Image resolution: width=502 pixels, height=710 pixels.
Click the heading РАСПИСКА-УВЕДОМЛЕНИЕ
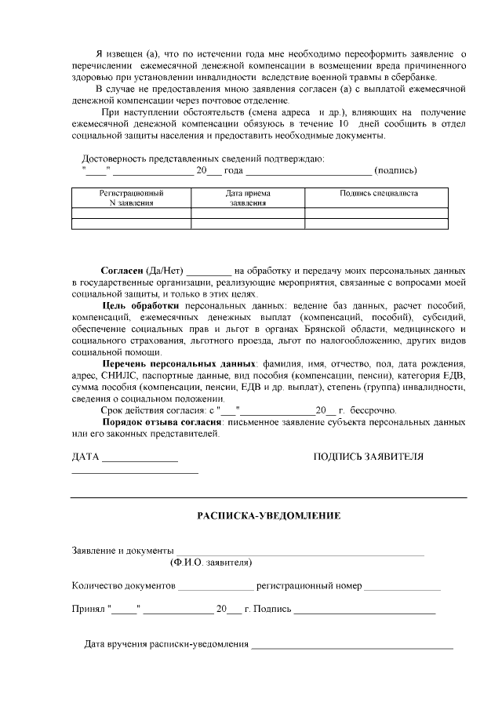(268, 516)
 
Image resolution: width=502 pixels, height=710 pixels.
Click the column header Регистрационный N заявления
(131, 197)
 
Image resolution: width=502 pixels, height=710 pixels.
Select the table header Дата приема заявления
(248, 197)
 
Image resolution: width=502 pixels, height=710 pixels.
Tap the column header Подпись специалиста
(378, 193)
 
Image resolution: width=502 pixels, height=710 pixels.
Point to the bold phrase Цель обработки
(140, 304)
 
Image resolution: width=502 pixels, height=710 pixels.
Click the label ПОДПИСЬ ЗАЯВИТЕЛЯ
(368, 457)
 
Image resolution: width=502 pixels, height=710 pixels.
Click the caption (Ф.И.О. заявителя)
(210, 562)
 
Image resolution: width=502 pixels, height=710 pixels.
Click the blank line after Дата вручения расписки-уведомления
(351, 646)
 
